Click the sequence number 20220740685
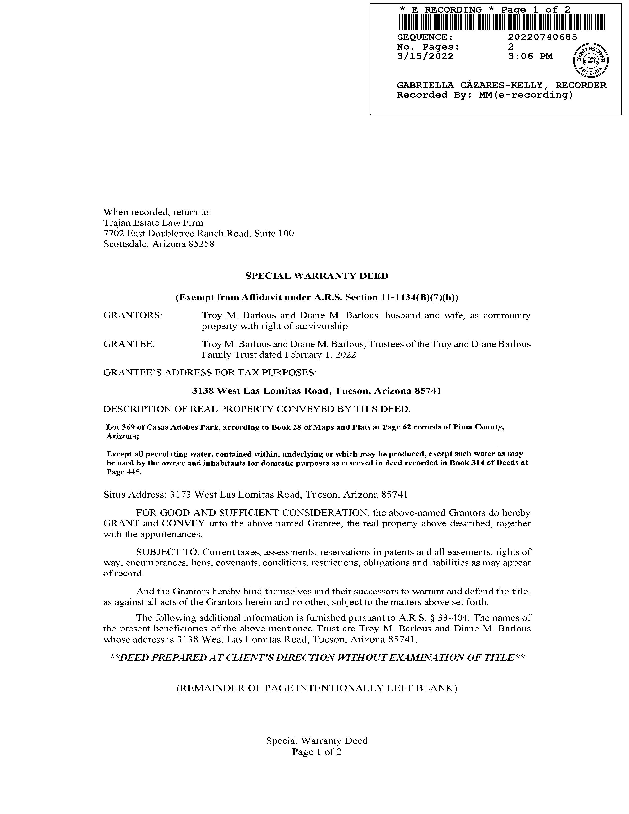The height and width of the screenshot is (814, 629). tap(543, 37)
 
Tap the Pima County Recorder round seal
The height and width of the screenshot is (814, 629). tap(591, 60)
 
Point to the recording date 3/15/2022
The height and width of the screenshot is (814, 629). tap(425, 56)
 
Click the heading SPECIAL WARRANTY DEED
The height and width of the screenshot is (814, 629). tap(317, 276)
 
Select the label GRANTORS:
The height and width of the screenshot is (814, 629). tap(132, 315)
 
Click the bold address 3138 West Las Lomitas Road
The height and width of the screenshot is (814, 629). tap(260, 391)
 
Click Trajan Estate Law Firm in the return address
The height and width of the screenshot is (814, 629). tap(153, 223)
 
